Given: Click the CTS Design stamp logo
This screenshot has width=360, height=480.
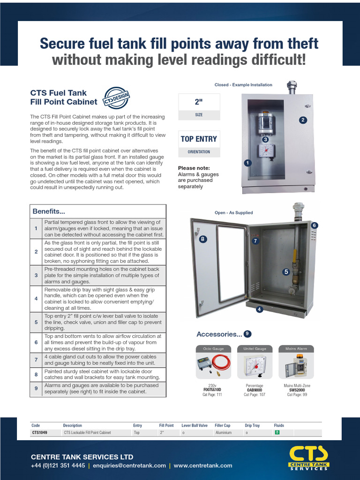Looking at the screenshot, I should coord(116,97).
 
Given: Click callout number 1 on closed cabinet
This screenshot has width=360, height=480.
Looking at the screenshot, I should coord(247,163).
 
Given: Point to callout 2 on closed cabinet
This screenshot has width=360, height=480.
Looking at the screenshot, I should coord(303,120).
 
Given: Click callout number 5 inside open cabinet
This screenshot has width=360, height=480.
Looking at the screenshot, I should coord(286,271).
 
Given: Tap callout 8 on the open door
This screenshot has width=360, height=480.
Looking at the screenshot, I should coord(202,239).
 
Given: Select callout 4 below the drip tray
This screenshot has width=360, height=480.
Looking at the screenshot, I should coord(259,309).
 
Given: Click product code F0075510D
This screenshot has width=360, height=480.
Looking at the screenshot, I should coord(212,390).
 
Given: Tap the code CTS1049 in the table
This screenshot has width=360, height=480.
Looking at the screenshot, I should coord(39,433).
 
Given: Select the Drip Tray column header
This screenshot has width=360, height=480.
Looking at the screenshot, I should coord(252,426).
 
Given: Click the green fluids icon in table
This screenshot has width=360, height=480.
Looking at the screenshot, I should coord(277,432).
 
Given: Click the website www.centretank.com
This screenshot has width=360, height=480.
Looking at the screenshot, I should coord(203,465).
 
